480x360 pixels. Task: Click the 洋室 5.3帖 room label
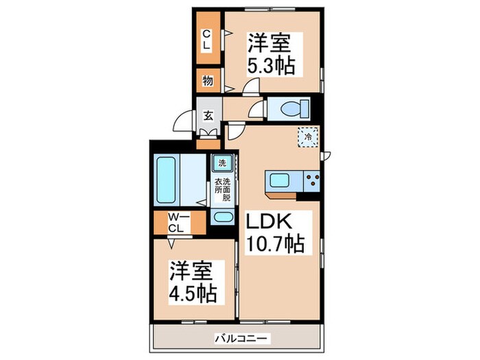point(271,55)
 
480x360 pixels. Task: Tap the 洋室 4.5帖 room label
point(193,283)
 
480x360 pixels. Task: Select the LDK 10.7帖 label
point(275,232)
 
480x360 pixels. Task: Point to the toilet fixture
point(294,108)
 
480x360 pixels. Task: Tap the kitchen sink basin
point(280,180)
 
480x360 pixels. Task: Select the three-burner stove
point(312,180)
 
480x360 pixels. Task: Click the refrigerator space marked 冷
point(309,137)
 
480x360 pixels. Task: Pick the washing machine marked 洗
point(223,163)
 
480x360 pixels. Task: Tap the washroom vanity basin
point(223,217)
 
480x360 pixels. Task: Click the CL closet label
point(206,40)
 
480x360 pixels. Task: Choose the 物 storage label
point(208,81)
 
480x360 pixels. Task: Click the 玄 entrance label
point(208,116)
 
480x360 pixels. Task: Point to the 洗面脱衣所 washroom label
point(223,189)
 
